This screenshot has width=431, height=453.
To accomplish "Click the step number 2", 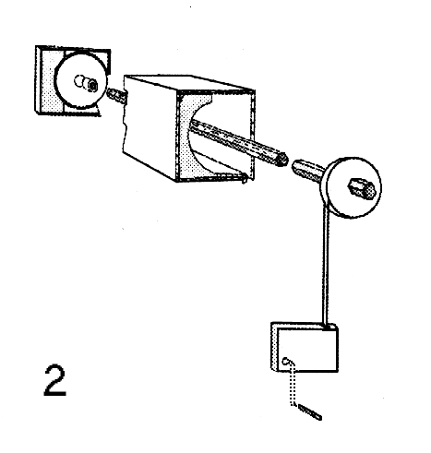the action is point(55,380).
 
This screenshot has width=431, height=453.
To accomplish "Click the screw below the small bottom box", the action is point(309,411).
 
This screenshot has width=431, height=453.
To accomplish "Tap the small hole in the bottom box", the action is point(286,361).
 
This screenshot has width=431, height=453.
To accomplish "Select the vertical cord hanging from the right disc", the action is point(326,265).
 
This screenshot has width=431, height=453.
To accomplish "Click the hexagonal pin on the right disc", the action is point(362,187).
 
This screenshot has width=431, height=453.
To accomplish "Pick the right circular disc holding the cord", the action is point(353,187).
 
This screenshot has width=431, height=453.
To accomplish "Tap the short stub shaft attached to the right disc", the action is point(307,171).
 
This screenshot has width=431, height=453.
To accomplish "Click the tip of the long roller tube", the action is point(281,160).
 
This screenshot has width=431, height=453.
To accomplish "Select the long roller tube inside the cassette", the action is point(238,142).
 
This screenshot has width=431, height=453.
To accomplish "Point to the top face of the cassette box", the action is point(188,83).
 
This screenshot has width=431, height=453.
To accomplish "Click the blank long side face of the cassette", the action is point(150,126).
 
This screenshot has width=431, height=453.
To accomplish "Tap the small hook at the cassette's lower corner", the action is point(245,178).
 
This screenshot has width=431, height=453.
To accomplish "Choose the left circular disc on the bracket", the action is point(81,80).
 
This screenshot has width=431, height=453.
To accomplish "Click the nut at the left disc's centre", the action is point(91,85).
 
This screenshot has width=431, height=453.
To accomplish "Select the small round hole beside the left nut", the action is point(78,81).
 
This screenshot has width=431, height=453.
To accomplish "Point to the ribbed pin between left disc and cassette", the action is point(116,94).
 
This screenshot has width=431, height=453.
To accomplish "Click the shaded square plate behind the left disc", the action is point(72,80).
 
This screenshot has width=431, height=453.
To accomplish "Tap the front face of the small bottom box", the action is point(307,350).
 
